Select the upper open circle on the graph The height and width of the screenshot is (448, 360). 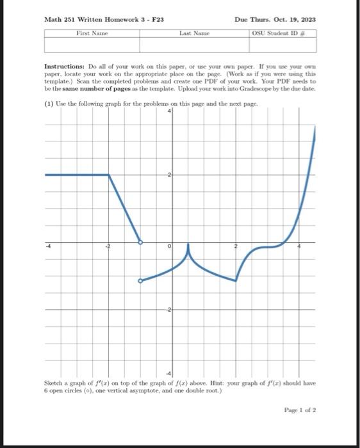pos(141,243)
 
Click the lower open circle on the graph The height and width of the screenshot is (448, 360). pos(141,280)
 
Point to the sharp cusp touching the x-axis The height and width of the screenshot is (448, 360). pos(188,244)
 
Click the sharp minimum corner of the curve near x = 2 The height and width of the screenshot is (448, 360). pos(236,280)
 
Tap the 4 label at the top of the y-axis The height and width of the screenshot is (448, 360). pos(170,111)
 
